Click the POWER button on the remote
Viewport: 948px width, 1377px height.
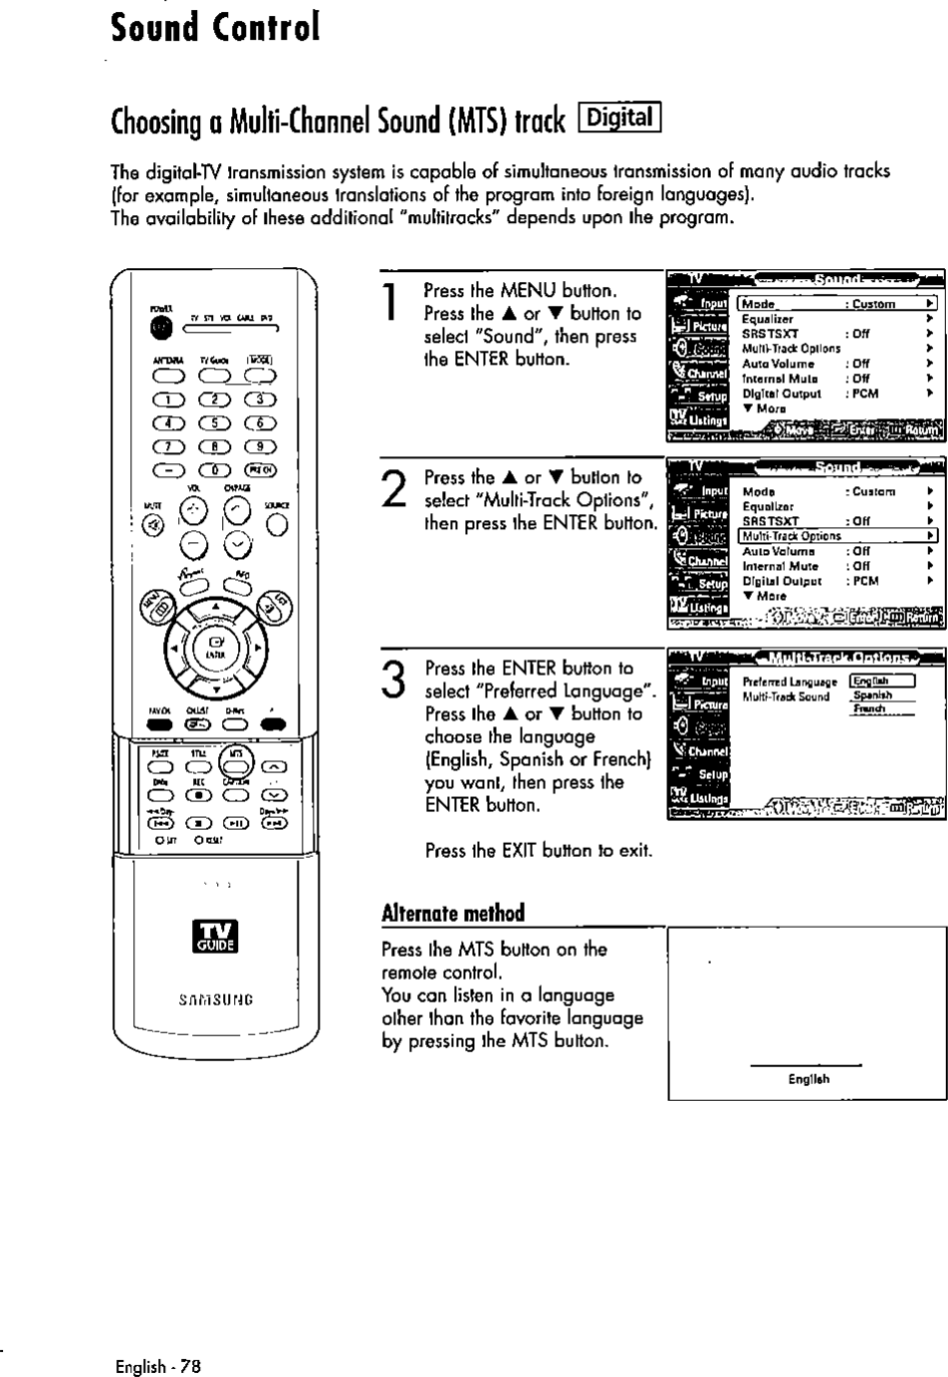tap(155, 327)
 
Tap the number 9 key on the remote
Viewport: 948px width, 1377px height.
tap(260, 446)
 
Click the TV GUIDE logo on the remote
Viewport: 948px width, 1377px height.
tap(216, 937)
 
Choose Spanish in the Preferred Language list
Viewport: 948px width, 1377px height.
tap(872, 695)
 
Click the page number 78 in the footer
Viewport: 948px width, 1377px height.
tap(192, 1365)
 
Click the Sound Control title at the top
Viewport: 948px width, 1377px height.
tap(215, 27)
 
